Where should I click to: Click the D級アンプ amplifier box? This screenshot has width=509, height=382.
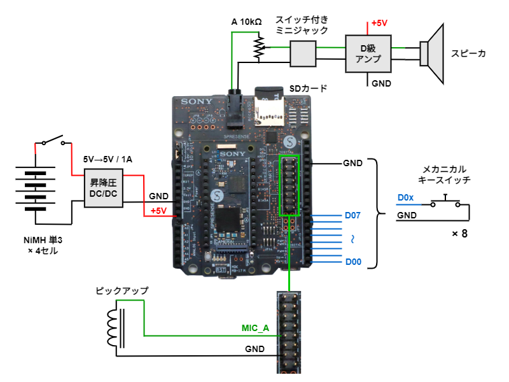(x=368, y=53)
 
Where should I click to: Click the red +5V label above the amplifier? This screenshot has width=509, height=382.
(x=380, y=23)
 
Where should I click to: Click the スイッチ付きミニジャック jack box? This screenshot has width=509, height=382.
(x=302, y=53)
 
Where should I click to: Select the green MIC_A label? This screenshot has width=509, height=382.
(x=256, y=329)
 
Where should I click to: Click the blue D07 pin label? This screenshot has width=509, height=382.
(x=352, y=215)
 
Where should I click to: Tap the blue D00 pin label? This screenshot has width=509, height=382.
(x=352, y=262)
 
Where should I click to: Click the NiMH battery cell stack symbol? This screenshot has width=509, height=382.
(x=36, y=189)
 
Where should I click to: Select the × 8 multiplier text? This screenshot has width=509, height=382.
(x=459, y=234)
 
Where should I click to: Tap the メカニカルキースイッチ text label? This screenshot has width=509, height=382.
(x=445, y=175)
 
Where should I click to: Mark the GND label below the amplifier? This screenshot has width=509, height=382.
(x=381, y=83)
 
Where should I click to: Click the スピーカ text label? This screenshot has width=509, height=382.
(x=469, y=53)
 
